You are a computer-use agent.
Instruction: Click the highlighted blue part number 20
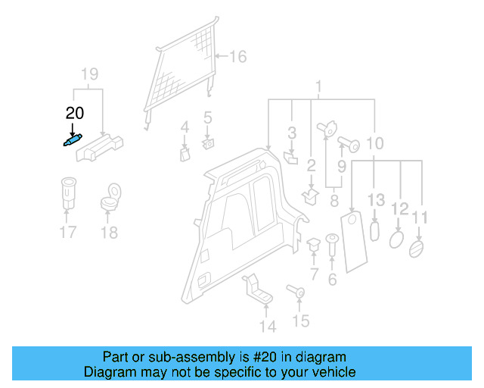pos(72,140)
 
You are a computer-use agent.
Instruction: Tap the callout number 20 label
pos(75,114)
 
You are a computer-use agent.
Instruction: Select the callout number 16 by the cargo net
pos(238,57)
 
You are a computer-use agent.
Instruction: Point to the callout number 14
pos(267,327)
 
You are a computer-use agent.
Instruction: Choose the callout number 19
pos(90,74)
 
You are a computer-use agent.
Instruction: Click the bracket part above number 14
pos(256,289)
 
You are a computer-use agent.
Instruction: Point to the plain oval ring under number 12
pos(396,239)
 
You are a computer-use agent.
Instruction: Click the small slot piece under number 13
pos(375,231)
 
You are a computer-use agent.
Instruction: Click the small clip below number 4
pos(184,154)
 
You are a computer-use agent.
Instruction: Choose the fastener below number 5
pos(209,142)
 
